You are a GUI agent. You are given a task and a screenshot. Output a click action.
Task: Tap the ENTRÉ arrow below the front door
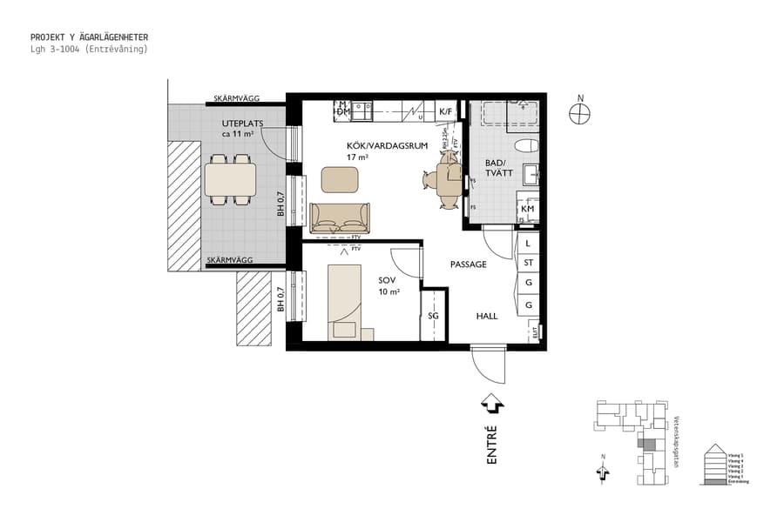pos(492,404)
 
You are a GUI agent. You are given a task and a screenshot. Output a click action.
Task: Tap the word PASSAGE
pos(468,264)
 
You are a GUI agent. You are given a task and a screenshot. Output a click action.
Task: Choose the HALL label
pos(486,316)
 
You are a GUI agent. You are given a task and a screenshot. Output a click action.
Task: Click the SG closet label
pos(433,314)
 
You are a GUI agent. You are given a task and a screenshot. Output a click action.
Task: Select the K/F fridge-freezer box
pos(445,111)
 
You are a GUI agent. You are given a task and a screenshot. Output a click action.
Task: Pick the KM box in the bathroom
pos(528,210)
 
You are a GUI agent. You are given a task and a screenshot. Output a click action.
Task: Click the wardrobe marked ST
pos(528,263)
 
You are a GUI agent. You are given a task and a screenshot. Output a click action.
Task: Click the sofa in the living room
pos(340,218)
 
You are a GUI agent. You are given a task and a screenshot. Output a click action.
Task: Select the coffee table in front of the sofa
pos(340,179)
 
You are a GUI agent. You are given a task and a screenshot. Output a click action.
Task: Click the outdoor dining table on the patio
pos(231,180)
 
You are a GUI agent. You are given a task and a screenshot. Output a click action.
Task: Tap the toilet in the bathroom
pos(525,145)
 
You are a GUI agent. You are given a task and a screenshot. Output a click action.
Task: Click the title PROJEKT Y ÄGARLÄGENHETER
pos(89,37)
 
